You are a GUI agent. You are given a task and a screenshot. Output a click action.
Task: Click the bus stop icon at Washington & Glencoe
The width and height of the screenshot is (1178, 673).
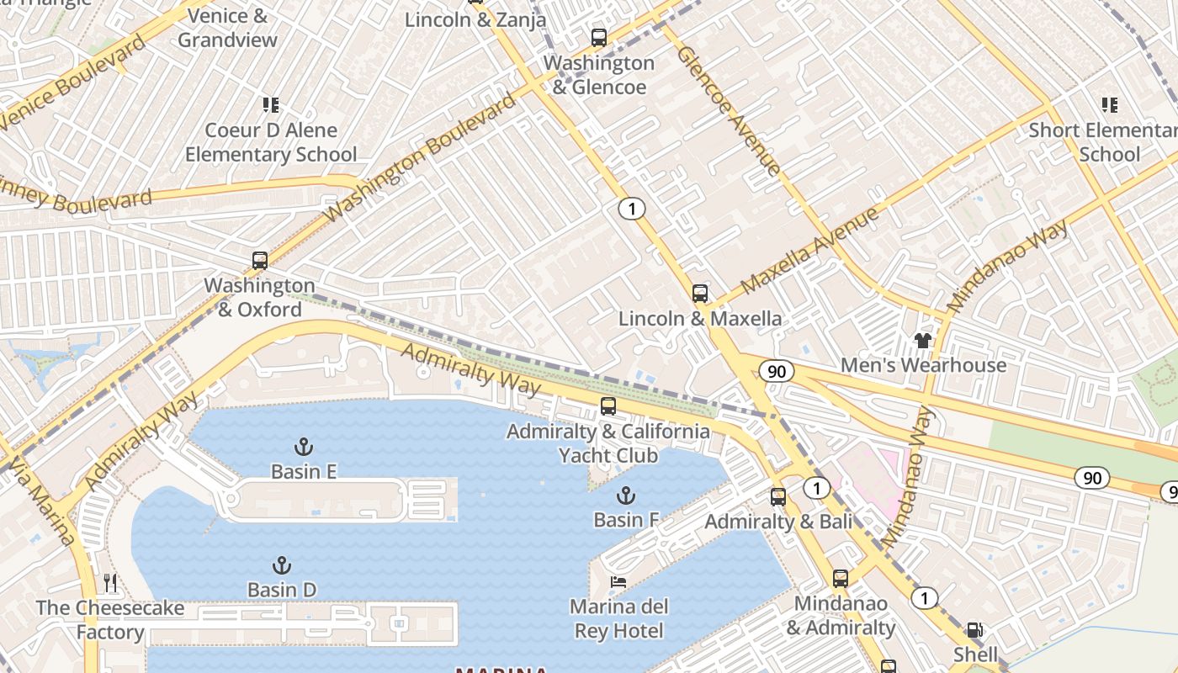(598, 37)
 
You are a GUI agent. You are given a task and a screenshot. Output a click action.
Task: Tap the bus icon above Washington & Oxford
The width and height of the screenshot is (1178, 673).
(260, 261)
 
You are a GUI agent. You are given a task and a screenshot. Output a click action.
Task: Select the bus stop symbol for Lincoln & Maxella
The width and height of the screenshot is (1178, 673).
(699, 294)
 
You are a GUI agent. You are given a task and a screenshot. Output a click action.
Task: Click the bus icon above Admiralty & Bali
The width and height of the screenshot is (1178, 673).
(777, 496)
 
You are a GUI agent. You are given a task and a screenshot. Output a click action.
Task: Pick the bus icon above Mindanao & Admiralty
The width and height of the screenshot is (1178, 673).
(840, 579)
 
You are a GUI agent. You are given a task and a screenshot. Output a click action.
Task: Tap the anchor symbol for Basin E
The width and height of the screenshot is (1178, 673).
(303, 447)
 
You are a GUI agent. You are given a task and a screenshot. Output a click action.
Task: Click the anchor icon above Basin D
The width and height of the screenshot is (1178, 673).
(282, 565)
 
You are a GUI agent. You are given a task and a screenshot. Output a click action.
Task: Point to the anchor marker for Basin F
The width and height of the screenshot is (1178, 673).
(625, 495)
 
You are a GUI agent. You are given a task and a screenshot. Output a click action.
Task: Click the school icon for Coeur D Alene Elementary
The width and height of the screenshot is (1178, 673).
(270, 105)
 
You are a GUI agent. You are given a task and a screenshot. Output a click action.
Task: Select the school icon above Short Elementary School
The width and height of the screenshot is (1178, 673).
(1109, 105)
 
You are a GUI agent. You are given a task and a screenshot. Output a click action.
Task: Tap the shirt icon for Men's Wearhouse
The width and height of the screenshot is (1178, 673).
(923, 341)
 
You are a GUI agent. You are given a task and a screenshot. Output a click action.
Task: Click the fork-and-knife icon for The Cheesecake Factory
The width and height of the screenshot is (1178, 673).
(109, 582)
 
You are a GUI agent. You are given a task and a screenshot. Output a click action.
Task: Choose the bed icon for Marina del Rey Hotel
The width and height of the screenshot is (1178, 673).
(618, 582)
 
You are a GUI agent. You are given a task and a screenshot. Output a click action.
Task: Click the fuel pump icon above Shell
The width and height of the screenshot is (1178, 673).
(974, 629)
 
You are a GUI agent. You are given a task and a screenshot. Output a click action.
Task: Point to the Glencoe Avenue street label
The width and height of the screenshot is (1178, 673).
(728, 110)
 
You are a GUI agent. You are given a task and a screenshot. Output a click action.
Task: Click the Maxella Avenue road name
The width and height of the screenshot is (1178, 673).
(809, 251)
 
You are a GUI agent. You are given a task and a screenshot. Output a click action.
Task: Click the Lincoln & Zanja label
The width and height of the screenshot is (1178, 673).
(475, 19)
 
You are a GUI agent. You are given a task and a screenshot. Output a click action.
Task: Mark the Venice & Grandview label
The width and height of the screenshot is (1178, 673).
(227, 28)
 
